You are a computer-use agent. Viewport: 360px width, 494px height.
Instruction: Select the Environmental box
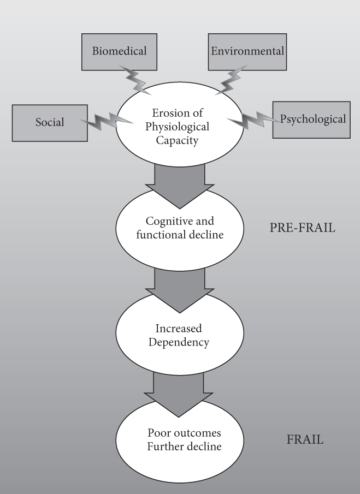(246, 52)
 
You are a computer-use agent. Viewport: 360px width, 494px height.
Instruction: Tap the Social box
(50, 122)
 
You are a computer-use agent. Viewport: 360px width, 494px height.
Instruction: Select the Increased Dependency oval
(179, 336)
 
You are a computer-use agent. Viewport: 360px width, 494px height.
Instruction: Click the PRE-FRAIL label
(302, 228)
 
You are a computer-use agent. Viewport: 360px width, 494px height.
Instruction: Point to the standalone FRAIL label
(305, 438)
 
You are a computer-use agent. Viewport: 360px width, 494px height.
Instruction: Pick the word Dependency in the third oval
(179, 343)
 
